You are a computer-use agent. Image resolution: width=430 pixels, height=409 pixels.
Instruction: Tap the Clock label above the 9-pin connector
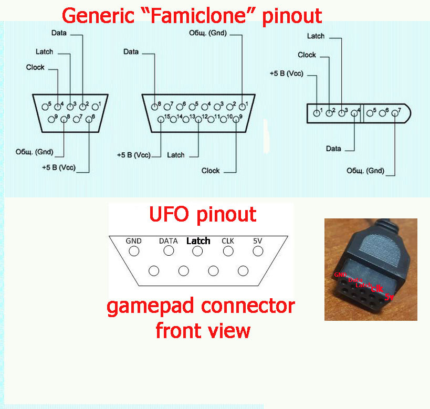click(x=35, y=67)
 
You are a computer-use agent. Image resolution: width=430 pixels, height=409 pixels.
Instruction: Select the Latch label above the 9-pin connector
click(x=45, y=52)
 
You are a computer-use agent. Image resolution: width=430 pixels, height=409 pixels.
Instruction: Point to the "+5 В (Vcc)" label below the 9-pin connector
click(x=59, y=167)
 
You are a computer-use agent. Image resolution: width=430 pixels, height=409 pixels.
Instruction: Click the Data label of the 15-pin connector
click(x=131, y=52)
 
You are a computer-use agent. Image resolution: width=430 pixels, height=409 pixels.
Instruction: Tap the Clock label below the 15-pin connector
click(x=211, y=171)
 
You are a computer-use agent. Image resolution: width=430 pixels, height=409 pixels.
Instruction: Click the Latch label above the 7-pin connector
click(x=316, y=36)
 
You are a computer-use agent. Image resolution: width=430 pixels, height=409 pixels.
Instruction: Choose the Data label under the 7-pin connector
click(x=333, y=149)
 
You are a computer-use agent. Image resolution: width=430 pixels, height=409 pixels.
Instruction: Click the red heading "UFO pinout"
click(x=203, y=214)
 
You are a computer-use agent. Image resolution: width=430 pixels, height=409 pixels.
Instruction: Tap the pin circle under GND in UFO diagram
click(x=134, y=251)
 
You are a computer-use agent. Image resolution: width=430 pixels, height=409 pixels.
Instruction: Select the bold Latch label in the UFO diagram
click(x=198, y=241)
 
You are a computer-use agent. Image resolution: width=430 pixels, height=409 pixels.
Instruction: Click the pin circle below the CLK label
click(x=228, y=251)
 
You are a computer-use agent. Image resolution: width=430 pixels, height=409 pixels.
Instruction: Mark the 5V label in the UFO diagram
click(x=257, y=241)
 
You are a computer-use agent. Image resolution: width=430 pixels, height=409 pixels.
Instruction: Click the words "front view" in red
click(x=203, y=331)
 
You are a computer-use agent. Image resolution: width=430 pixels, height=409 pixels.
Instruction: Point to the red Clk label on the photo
click(x=376, y=288)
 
